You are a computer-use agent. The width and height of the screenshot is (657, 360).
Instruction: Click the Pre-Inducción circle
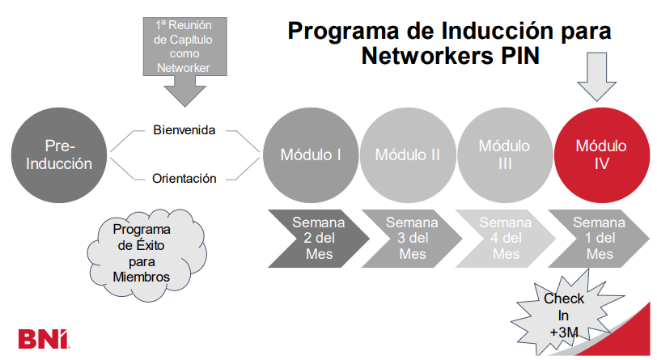click(x=59, y=154)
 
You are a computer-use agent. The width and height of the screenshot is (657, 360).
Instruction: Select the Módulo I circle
click(x=310, y=154)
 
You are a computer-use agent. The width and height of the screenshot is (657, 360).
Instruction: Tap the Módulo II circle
click(x=407, y=154)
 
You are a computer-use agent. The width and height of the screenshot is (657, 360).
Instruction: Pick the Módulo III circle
click(x=504, y=154)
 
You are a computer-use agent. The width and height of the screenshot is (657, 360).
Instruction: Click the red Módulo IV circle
click(x=600, y=154)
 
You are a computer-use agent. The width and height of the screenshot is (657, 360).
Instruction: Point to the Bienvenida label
click(x=184, y=129)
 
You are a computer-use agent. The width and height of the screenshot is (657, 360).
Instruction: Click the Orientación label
click(x=184, y=178)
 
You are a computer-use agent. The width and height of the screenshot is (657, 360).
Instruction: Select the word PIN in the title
click(x=513, y=57)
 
